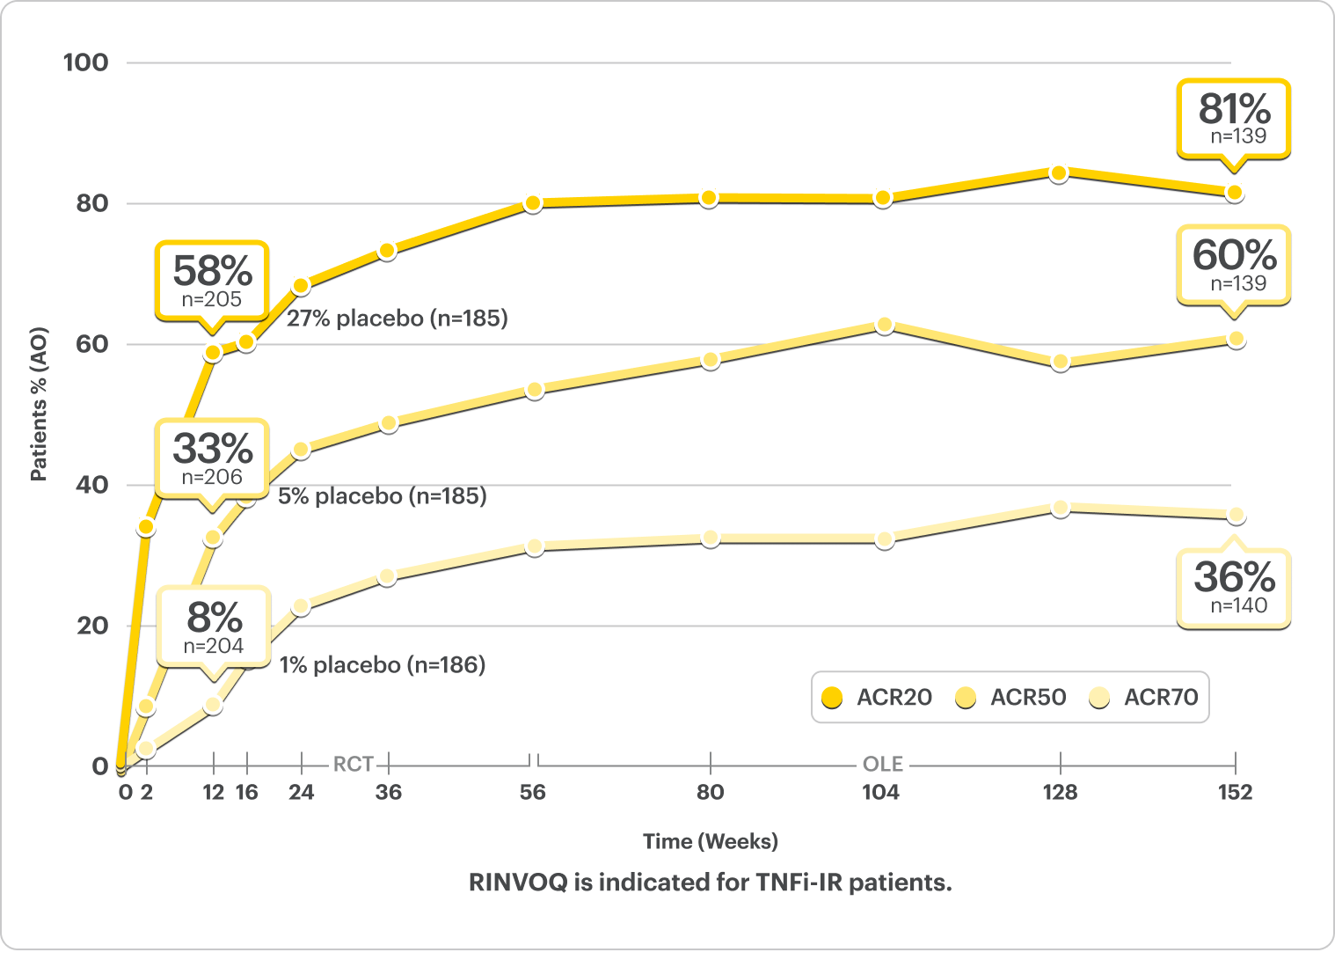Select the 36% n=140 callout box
tap(1234, 587)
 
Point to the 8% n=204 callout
tap(214, 626)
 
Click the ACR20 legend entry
tap(877, 698)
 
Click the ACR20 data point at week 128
tap(1059, 173)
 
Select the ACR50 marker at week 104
tap(884, 326)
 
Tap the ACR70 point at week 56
tap(534, 546)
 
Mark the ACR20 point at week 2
tap(146, 527)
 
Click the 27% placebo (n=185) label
tap(398, 319)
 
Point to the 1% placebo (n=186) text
tap(383, 665)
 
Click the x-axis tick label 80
tap(710, 792)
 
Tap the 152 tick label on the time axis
tap(1234, 792)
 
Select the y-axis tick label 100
tap(86, 62)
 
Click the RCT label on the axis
tap(353, 764)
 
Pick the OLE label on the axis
tap(882, 764)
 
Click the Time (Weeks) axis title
tap(710, 841)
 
